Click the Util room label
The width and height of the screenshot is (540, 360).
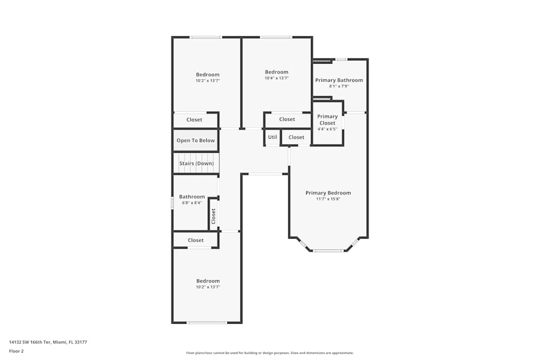pos(272,137)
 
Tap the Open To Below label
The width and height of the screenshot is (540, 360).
pos(195,140)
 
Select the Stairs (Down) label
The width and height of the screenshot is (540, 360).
pos(197,164)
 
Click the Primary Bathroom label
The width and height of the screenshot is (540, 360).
pos(339,80)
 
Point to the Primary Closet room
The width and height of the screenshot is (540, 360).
pos(327,123)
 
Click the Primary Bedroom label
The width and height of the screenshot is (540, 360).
pos(328,193)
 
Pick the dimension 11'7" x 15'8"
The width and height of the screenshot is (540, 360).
pos(328,199)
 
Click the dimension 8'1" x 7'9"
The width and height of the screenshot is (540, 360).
pos(339,86)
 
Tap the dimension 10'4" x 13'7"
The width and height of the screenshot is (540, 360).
pos(276,78)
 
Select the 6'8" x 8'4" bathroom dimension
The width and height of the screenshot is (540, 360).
pos(192,203)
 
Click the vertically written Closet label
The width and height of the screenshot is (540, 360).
pos(213,216)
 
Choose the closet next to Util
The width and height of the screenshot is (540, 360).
pos(296,137)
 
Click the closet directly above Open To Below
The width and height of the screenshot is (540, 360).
pos(194,120)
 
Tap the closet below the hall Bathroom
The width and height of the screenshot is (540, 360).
pos(195,240)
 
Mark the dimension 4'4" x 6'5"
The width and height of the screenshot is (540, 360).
pos(327,129)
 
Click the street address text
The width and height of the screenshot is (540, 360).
pos(48,342)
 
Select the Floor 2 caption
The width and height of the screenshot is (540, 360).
pos(16,351)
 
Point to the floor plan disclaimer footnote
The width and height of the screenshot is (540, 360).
pos(269,353)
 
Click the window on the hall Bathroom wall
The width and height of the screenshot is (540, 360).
pos(172,202)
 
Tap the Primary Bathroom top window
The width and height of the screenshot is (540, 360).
pos(341,59)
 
